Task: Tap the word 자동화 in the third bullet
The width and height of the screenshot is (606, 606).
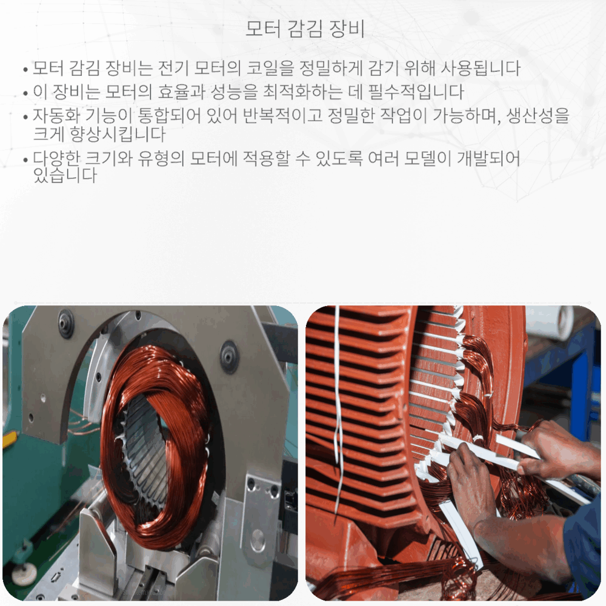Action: tap(52, 116)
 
